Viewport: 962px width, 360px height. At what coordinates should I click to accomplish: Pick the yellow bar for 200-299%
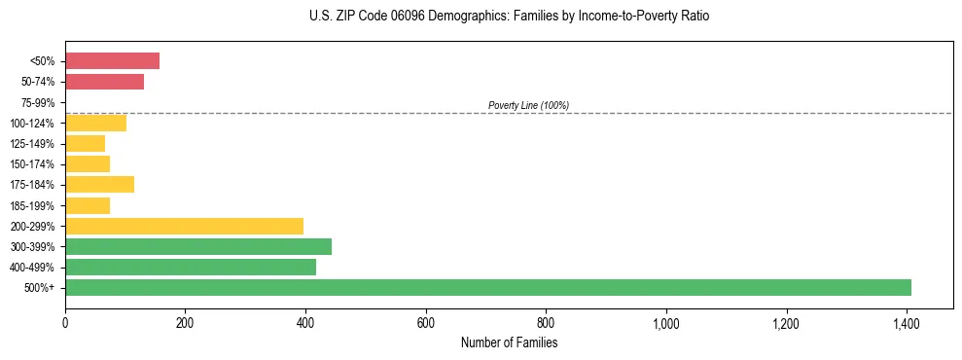click(x=184, y=226)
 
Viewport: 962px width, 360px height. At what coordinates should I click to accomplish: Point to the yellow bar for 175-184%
click(x=99, y=184)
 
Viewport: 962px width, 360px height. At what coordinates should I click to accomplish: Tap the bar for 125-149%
click(x=85, y=143)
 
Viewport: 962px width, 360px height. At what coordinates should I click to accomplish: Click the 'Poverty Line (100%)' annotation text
click(x=528, y=105)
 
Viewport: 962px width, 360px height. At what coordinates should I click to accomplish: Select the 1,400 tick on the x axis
click(x=907, y=322)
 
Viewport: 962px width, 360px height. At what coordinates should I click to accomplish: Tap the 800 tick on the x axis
click(x=546, y=322)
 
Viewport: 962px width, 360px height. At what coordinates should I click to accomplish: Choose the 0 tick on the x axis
click(x=65, y=322)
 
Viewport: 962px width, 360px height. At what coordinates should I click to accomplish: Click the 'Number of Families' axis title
click(x=509, y=342)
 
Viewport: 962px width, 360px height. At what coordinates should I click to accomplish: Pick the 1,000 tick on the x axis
click(x=666, y=322)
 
